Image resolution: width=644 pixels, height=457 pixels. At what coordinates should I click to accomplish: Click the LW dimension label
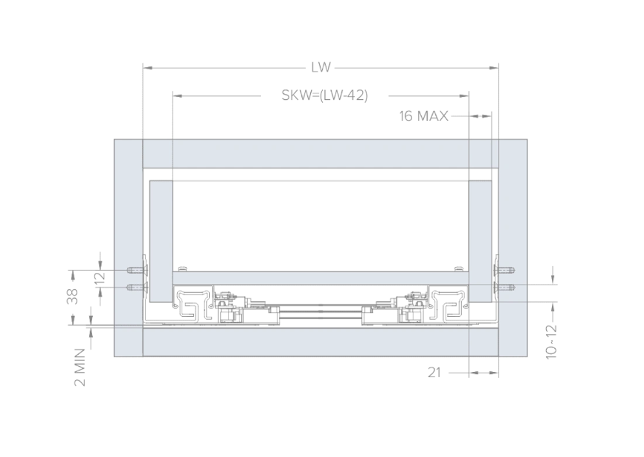pyautogui.click(x=321, y=68)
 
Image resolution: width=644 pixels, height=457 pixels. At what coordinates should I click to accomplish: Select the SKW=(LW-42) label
pyautogui.click(x=325, y=95)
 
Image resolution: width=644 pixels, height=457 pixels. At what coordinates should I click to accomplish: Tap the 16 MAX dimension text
pyautogui.click(x=424, y=117)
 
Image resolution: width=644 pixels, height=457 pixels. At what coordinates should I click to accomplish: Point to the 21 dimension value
pyautogui.click(x=434, y=373)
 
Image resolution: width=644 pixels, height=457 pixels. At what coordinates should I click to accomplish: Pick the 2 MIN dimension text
pyautogui.click(x=80, y=368)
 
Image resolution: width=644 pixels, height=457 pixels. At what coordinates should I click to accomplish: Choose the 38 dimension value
pyautogui.click(x=72, y=297)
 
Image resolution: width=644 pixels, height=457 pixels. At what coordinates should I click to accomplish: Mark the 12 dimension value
pyautogui.click(x=100, y=279)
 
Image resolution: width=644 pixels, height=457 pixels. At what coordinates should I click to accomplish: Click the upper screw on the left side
pyautogui.click(x=137, y=270)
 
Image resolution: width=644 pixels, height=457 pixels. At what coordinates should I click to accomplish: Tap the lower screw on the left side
pyautogui.click(x=137, y=286)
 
